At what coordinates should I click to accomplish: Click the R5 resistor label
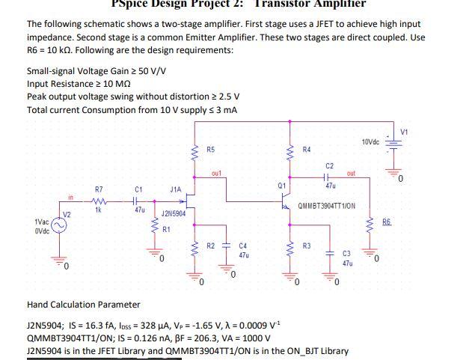[x=210, y=150]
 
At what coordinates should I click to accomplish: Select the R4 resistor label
[x=306, y=150]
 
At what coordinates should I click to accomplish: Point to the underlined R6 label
[x=386, y=222]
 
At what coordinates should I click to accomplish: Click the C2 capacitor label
[x=330, y=165]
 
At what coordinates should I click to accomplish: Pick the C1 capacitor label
[x=138, y=189]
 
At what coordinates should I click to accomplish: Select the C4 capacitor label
[x=242, y=245]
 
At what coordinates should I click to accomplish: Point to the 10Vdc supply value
[x=370, y=141]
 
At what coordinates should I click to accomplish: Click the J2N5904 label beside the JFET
[x=174, y=213]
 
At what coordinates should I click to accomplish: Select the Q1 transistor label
[x=281, y=184]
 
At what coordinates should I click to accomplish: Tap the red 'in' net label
[x=70, y=198]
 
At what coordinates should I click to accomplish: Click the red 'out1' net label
[x=216, y=173]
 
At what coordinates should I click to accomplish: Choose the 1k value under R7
[x=98, y=210]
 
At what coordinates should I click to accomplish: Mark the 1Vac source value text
[x=42, y=222]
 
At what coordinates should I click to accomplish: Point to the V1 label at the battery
[x=404, y=132]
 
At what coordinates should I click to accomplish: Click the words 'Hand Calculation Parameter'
[x=83, y=305]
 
